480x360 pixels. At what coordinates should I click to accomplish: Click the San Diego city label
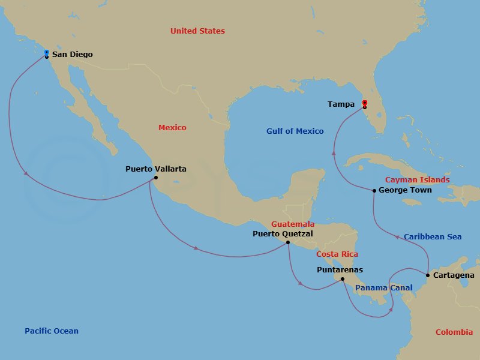[72, 55]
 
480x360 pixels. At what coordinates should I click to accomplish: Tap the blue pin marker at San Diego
[47, 53]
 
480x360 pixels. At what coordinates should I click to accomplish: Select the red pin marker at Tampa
[364, 104]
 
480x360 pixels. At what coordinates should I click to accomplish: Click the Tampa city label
[341, 104]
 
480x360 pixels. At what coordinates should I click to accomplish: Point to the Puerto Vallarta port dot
[155, 178]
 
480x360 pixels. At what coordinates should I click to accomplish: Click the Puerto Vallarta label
[155, 169]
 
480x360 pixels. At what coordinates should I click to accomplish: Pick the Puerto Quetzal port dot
[288, 242]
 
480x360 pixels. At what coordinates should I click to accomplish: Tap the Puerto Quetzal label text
[283, 234]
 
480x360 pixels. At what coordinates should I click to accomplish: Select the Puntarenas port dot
[342, 279]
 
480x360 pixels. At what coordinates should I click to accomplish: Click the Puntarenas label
[340, 270]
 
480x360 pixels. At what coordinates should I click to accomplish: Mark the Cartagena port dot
[427, 275]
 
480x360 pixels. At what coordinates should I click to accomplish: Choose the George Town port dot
[374, 191]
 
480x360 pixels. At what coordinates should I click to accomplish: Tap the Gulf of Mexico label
[295, 131]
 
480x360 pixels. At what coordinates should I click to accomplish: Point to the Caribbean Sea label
[433, 237]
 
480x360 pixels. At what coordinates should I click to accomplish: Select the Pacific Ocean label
[52, 331]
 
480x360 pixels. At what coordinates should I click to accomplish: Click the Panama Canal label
[383, 288]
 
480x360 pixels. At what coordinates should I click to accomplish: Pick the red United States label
[197, 31]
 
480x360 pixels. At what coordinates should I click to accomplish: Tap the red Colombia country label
[454, 332]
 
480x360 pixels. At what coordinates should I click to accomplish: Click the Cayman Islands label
[417, 180]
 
